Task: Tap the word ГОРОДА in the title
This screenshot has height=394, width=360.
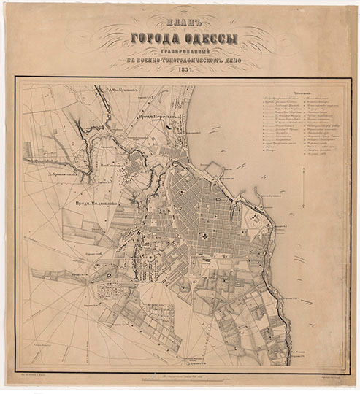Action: [x=153, y=39]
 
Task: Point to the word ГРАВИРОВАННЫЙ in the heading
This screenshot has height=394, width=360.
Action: [x=180, y=52]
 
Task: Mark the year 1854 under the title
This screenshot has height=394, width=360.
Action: [x=180, y=72]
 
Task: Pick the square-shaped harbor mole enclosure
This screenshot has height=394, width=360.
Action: [x=213, y=169]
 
